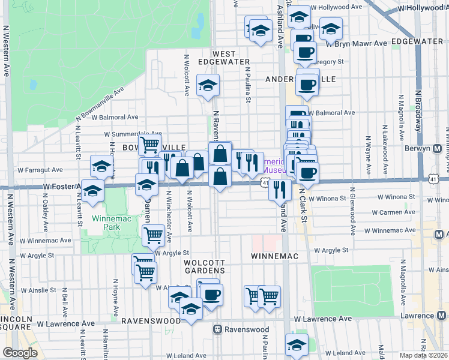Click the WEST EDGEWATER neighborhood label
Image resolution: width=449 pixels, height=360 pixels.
[x=224, y=58]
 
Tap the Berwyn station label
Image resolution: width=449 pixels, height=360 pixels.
[x=431, y=148]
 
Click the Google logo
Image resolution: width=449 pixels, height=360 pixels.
[x=20, y=353]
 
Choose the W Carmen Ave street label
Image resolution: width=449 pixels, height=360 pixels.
[x=394, y=212]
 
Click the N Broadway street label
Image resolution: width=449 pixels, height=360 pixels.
[x=418, y=110]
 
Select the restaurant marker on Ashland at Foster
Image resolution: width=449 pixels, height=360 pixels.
[x=279, y=189]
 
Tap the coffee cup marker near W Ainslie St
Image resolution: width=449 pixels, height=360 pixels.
[x=211, y=295]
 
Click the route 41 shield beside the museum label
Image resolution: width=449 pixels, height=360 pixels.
[x=265, y=182]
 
